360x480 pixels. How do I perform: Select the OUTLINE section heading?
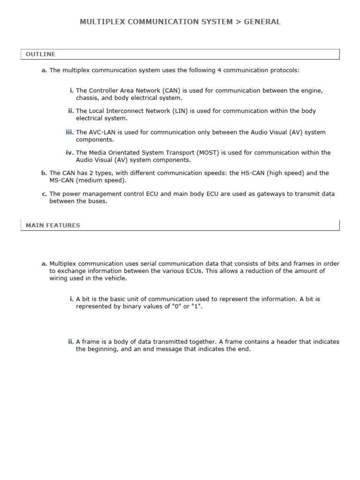[40, 54]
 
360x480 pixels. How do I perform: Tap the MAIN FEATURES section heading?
[53, 225]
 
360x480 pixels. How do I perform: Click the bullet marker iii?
[70, 132]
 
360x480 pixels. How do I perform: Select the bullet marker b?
[44, 173]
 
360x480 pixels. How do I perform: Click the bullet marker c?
[44, 194]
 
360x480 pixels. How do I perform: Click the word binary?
[124, 306]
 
